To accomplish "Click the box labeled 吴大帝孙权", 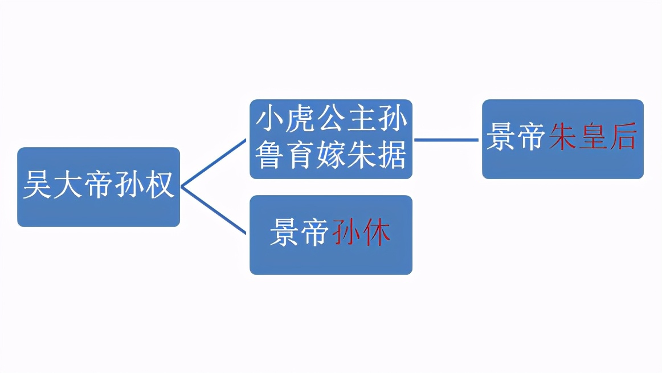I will coord(99,187).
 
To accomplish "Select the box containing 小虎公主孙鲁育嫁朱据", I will coord(330,139).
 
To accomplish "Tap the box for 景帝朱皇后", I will coord(562,139).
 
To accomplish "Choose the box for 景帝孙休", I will coord(330,235).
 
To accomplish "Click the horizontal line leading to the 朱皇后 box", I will coord(447,139).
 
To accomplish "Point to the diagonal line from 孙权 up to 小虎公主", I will coord(214,163).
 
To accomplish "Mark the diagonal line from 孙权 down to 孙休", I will coord(214,210).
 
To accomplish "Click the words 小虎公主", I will coord(316,119).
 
